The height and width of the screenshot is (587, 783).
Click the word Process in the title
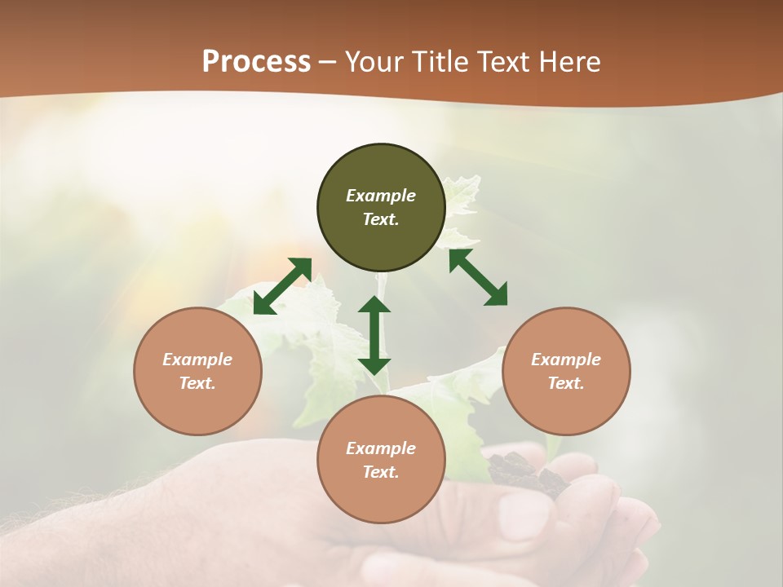coord(256,62)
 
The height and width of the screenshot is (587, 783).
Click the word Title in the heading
coord(439,62)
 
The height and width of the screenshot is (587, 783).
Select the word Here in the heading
coord(568,62)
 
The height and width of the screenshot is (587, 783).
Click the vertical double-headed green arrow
coord(374,335)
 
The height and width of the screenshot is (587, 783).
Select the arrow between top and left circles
coord(282,286)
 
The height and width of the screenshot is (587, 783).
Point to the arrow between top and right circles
coord(479,277)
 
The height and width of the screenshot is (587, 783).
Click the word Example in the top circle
coord(381,196)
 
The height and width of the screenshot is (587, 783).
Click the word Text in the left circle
coord(197,383)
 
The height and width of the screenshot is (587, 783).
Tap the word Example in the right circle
coord(566,360)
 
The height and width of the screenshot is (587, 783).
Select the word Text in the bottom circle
coord(381,472)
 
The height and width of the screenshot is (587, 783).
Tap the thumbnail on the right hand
coord(524,514)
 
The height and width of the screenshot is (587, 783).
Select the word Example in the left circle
coord(197,360)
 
